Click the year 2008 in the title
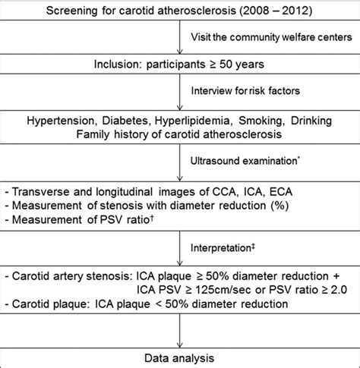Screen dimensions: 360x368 (x=254, y=11)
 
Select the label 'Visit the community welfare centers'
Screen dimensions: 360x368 (x=271, y=37)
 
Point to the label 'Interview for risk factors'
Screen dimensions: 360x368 (x=245, y=90)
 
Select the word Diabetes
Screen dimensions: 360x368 (x=125, y=121)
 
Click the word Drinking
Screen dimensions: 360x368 (x=311, y=121)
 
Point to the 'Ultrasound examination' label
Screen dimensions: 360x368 (x=244, y=161)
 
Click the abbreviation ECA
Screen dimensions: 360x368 (x=281, y=192)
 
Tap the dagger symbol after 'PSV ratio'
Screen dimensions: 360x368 (x=152, y=218)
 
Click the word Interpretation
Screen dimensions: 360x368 (x=221, y=248)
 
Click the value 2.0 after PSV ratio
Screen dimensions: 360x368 (x=339, y=290)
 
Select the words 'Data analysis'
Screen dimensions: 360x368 (x=179, y=358)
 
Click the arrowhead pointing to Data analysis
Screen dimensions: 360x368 (x=180, y=345)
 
